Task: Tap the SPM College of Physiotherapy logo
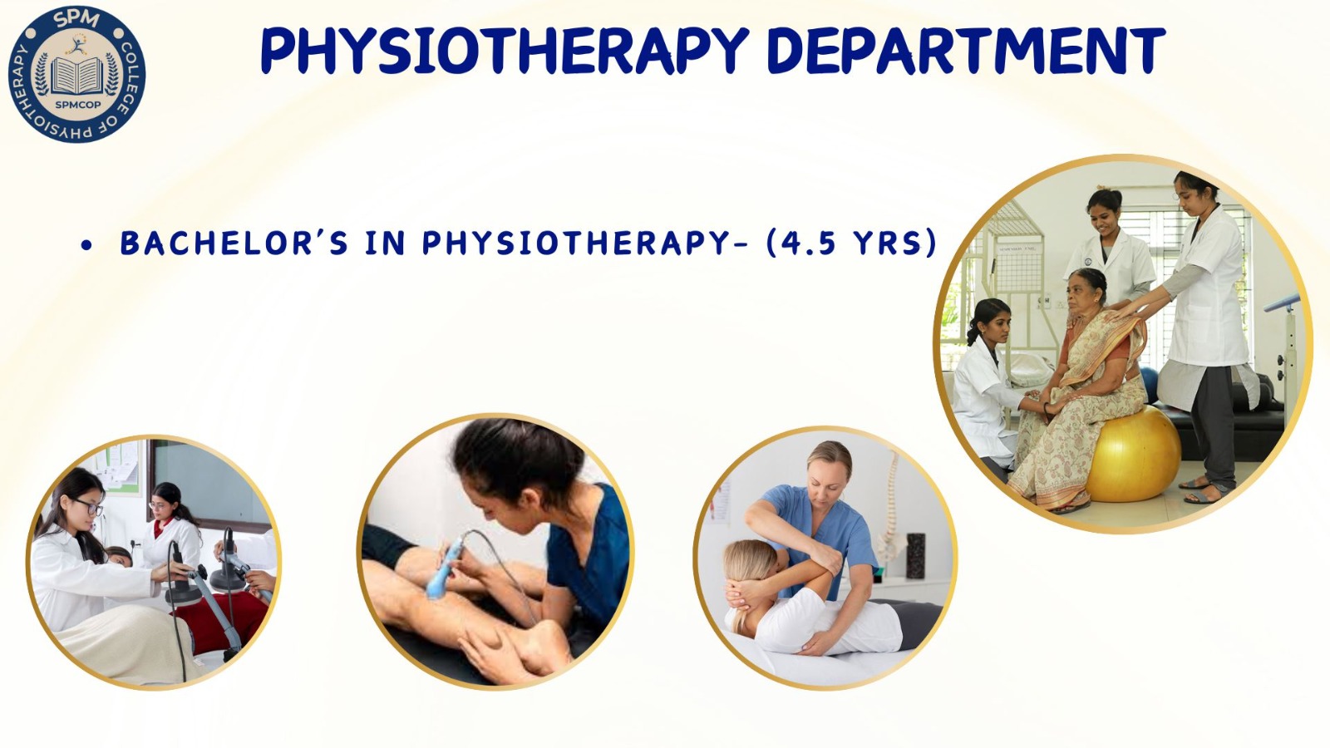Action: click(x=76, y=74)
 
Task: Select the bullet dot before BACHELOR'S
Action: click(x=87, y=245)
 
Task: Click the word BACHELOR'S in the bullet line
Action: click(x=234, y=243)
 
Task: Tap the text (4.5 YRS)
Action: click(x=851, y=243)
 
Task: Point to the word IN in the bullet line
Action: click(x=386, y=243)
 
